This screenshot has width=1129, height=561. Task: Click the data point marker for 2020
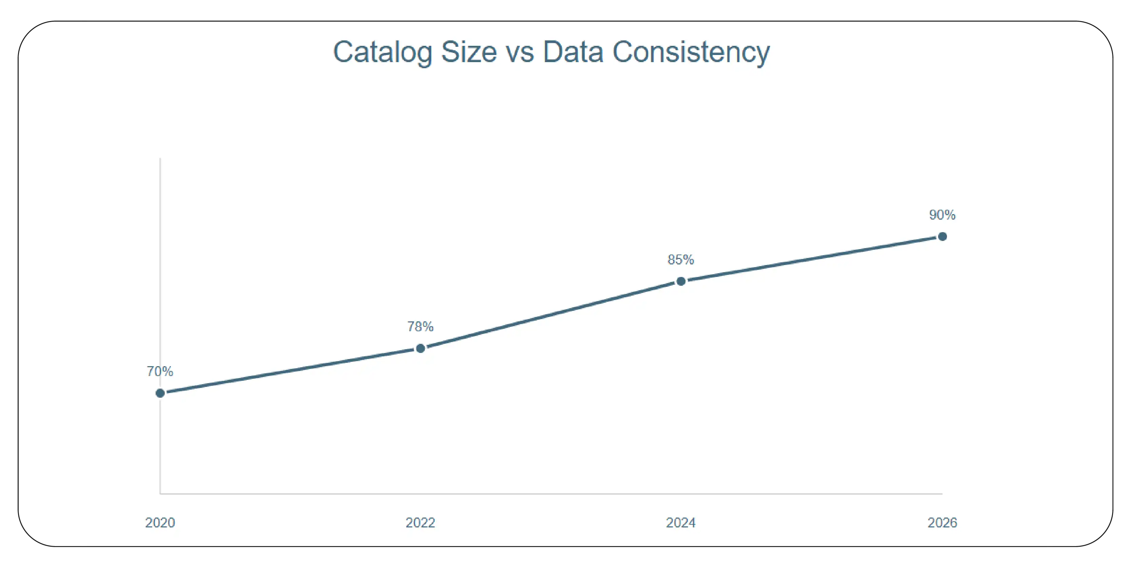pyautogui.click(x=160, y=393)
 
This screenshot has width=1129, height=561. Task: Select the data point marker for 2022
pyautogui.click(x=420, y=348)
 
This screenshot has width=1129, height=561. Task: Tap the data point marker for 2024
pyautogui.click(x=681, y=281)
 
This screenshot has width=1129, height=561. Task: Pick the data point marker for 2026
pyautogui.click(x=942, y=237)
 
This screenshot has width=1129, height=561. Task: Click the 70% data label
pyautogui.click(x=160, y=372)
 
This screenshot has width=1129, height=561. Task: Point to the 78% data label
pyautogui.click(x=420, y=326)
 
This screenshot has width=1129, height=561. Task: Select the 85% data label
pyautogui.click(x=681, y=260)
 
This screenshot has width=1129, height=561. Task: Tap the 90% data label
pyautogui.click(x=942, y=215)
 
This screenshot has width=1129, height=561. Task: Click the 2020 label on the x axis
pyautogui.click(x=160, y=522)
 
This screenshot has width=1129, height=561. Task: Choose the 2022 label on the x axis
pyautogui.click(x=420, y=522)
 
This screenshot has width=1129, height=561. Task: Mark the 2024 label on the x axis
pyautogui.click(x=681, y=522)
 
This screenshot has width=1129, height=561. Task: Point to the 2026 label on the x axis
pyautogui.click(x=942, y=522)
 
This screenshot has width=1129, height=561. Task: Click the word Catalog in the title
pyautogui.click(x=382, y=53)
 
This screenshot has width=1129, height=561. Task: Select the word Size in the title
pyautogui.click(x=469, y=52)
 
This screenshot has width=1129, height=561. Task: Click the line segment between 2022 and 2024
pyautogui.click(x=551, y=315)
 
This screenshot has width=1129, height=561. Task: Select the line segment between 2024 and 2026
pyautogui.click(x=811, y=259)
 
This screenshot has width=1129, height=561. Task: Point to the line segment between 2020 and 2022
pyautogui.click(x=290, y=371)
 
